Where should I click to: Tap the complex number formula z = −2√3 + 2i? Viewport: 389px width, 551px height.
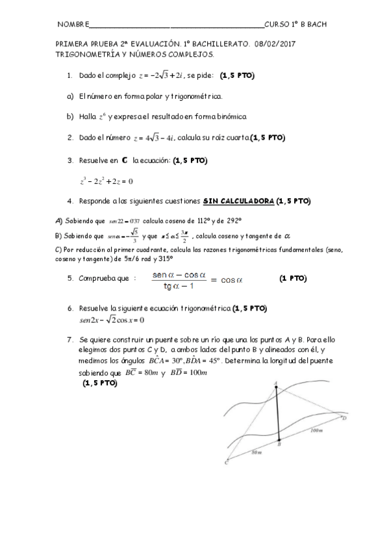tap(162, 76)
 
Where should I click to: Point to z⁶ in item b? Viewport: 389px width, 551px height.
tap(101, 118)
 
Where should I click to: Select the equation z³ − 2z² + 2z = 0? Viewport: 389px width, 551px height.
tap(107, 181)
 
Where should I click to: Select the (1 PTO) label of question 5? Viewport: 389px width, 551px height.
tap(293, 279)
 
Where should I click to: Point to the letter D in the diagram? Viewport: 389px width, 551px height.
tap(344, 418)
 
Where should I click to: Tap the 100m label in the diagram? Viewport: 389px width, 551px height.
tap(318, 429)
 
